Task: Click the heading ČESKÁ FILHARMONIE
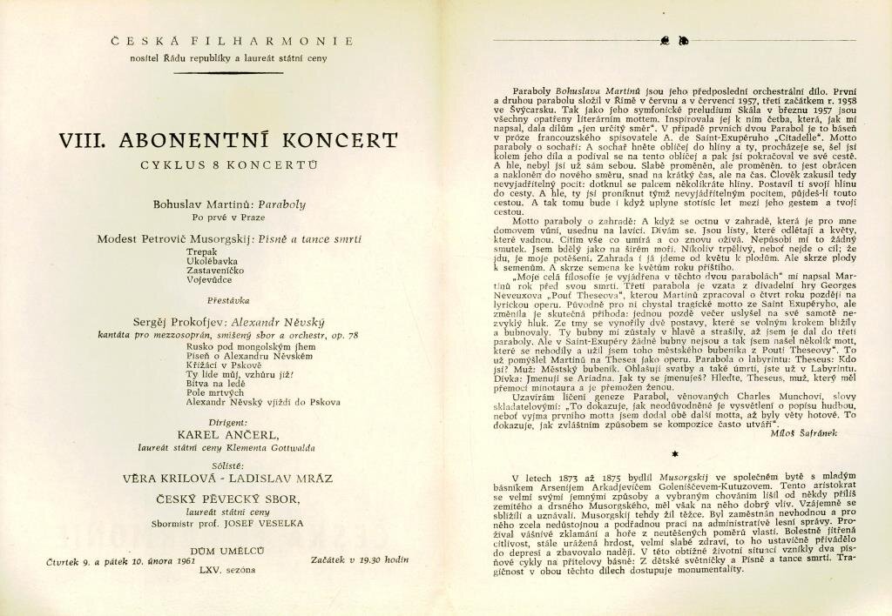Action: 231,41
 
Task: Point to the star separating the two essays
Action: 674,453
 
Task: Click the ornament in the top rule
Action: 674,41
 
